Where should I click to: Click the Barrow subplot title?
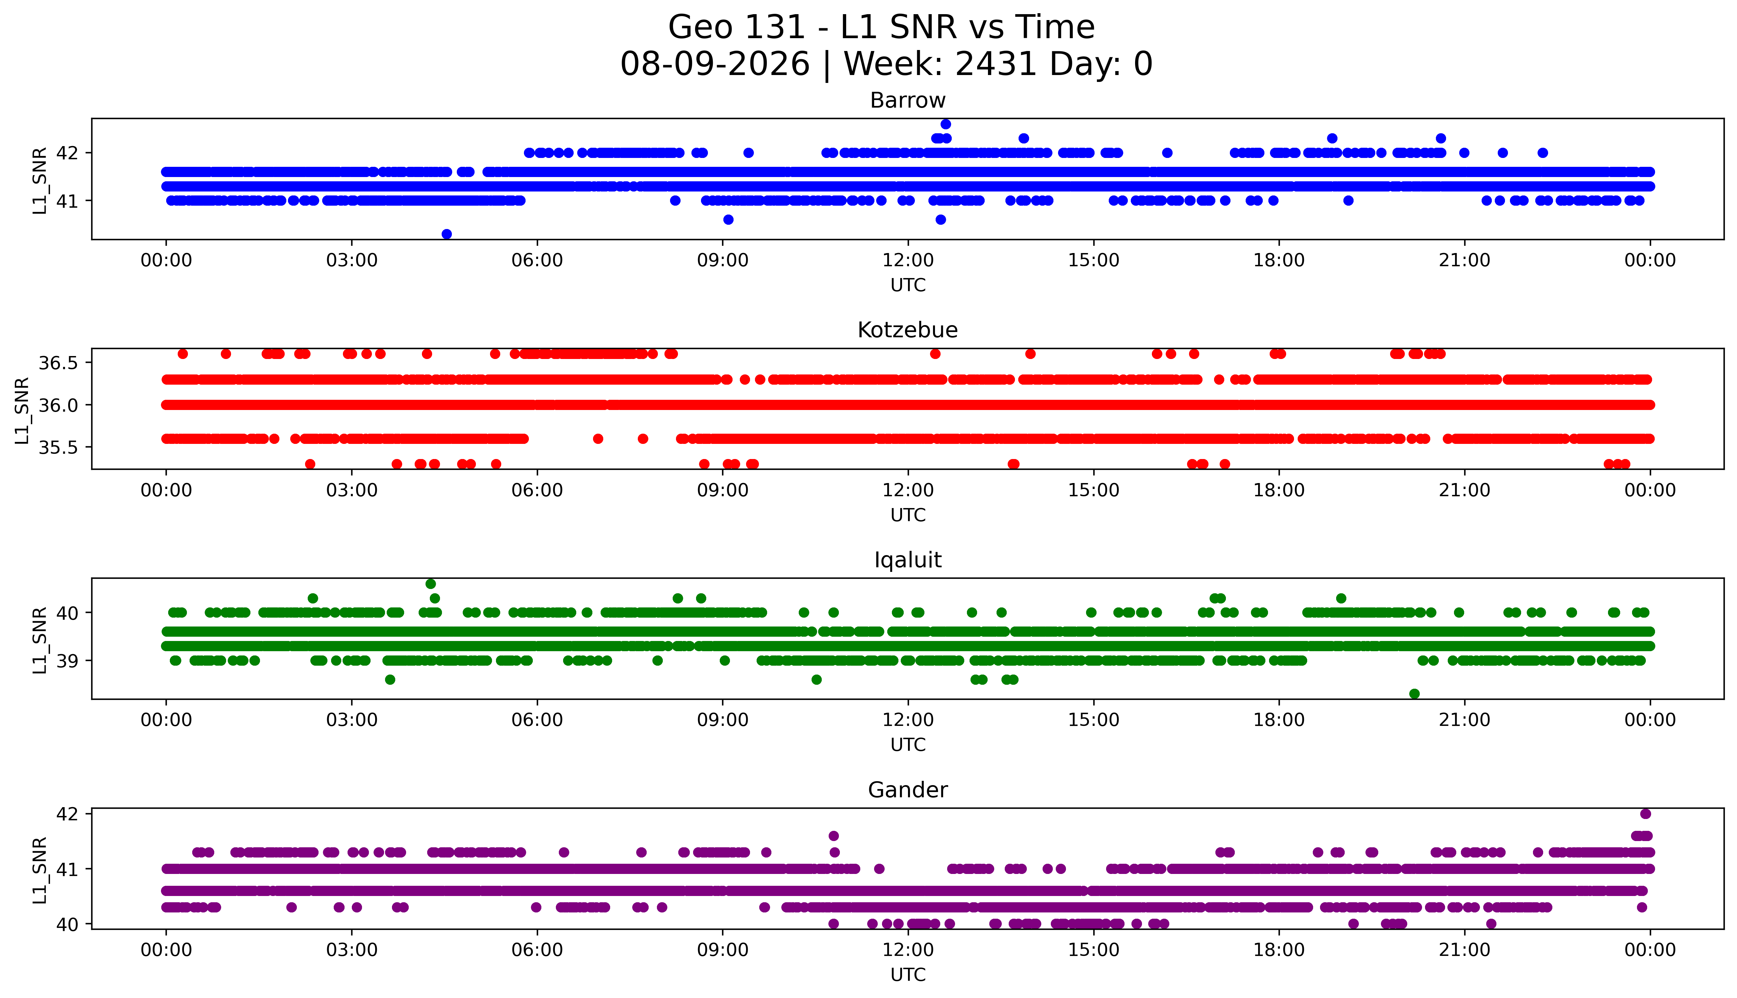pos(908,101)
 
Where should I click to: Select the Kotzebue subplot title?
pos(908,330)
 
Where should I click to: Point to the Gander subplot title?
pos(908,790)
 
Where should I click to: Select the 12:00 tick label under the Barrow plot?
pos(908,261)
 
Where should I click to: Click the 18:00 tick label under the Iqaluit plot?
pos(1279,720)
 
